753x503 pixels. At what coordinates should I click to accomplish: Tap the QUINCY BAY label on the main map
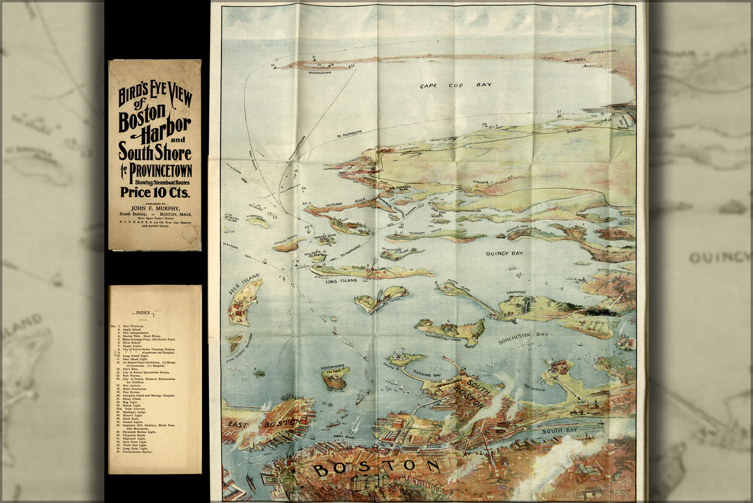[x=504, y=254]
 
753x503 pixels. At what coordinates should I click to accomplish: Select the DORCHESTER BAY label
[x=523, y=338]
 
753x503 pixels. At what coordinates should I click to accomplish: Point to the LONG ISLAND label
[x=341, y=281]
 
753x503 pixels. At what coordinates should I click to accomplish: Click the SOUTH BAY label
[x=559, y=431]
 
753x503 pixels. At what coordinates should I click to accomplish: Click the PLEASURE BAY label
[x=427, y=374]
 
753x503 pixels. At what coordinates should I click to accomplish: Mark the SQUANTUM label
[x=516, y=292]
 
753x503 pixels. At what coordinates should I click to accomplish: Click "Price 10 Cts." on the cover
[x=154, y=192]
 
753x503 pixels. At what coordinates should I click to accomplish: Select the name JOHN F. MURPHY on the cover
[x=155, y=208]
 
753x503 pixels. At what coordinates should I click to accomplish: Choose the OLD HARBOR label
[x=534, y=387]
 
